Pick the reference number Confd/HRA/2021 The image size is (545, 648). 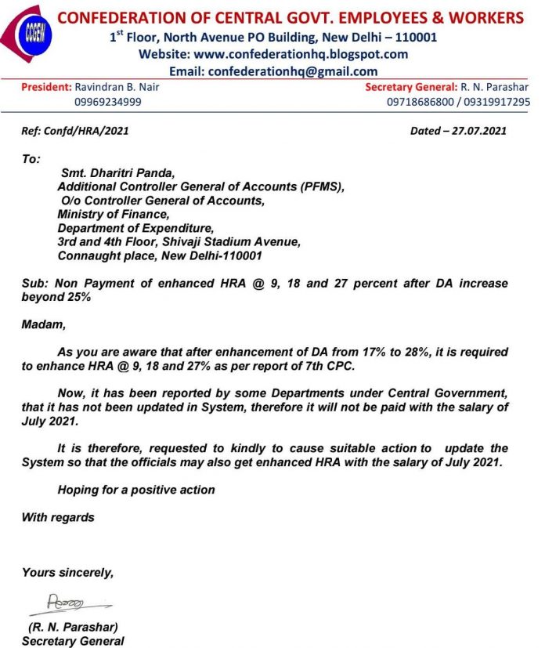(x=86, y=131)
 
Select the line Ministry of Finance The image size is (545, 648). (x=113, y=214)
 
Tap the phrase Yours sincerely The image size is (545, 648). (x=67, y=573)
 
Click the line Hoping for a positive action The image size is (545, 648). (x=136, y=490)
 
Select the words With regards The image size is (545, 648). (x=58, y=517)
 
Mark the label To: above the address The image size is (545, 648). (x=31, y=159)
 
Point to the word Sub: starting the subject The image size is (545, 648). (x=34, y=283)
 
